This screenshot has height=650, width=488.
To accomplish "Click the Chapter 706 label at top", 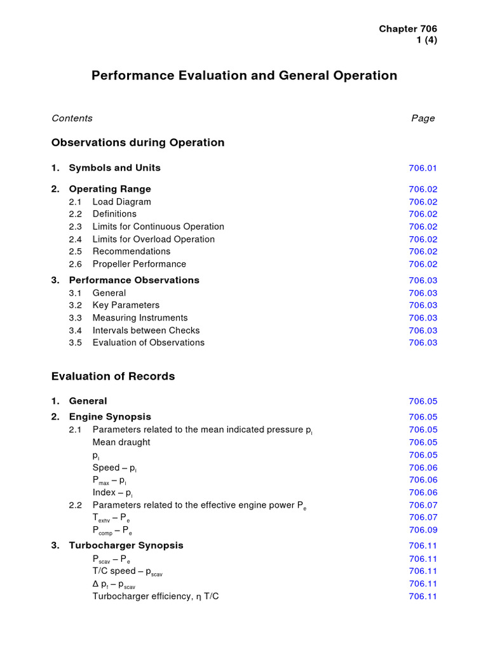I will (x=408, y=29).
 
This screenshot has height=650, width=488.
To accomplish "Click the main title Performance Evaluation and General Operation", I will (x=244, y=76).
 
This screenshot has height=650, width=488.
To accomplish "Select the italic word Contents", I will (x=72, y=118).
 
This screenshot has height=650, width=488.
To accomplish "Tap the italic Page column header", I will (x=423, y=118).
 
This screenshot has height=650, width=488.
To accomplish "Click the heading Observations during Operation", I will (x=138, y=143).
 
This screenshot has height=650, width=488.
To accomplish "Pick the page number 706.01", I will (x=423, y=168).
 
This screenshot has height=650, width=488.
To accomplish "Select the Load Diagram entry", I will (x=121, y=202).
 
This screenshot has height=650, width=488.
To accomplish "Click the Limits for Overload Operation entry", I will (x=153, y=239).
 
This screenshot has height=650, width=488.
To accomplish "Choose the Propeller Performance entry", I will (x=139, y=264).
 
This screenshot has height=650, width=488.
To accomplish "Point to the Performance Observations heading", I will (x=133, y=280).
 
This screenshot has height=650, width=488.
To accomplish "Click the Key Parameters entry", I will (x=126, y=305).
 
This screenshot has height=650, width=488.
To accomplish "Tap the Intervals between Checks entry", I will (x=146, y=330).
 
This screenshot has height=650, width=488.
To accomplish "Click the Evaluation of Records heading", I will (x=113, y=376).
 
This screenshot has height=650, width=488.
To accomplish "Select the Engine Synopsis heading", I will (x=109, y=417).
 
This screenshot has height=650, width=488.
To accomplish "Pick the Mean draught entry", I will (x=121, y=442).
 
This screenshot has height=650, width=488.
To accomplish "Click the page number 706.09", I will (x=423, y=530).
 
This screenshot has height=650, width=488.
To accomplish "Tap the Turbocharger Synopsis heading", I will (x=126, y=545).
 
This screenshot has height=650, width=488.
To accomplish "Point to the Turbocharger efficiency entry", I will (x=156, y=596).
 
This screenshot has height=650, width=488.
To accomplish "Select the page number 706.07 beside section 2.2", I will (x=423, y=505).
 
